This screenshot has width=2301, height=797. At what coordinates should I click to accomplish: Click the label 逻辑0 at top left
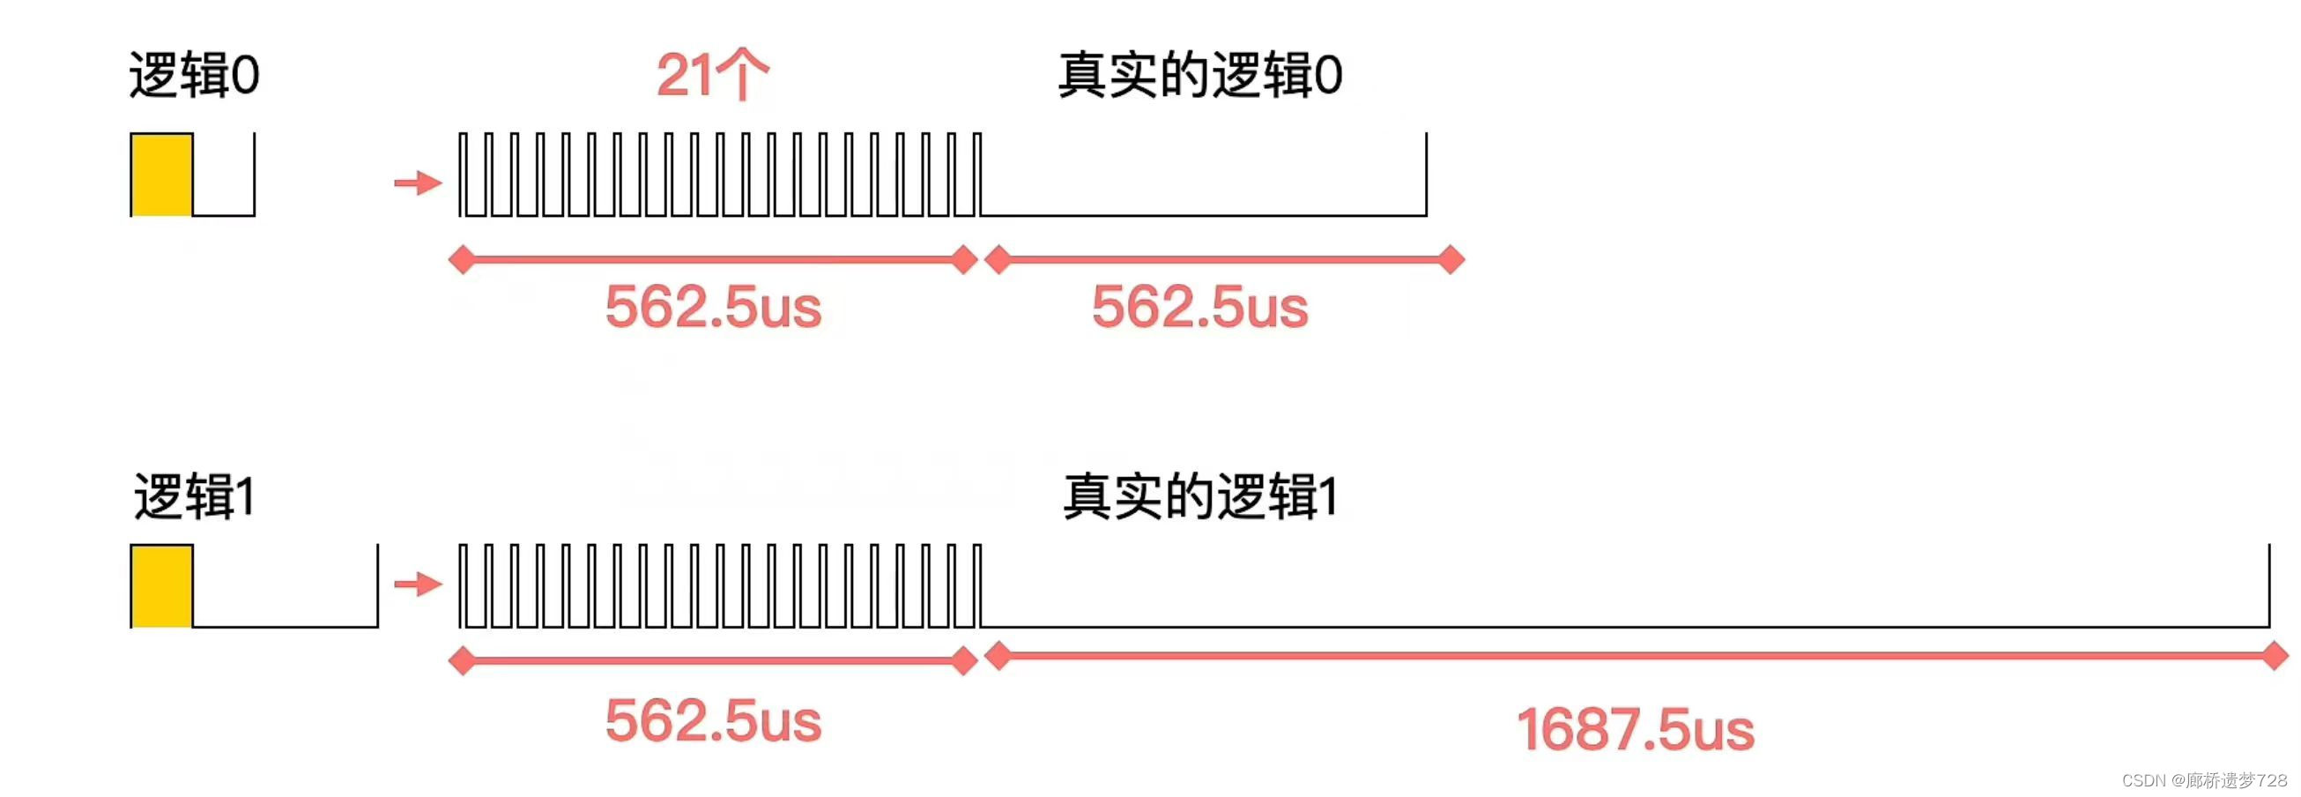click(x=194, y=75)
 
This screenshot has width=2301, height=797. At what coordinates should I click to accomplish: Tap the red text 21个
click(x=712, y=75)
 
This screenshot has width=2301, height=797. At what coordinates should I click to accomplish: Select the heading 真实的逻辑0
click(x=1199, y=75)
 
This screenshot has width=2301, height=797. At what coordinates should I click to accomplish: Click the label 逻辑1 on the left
click(x=194, y=496)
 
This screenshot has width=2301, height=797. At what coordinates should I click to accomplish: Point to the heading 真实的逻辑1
click(x=1199, y=496)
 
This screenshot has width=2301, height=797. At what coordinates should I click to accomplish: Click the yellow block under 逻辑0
click(x=161, y=175)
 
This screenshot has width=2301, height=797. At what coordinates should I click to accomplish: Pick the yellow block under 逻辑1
click(x=161, y=586)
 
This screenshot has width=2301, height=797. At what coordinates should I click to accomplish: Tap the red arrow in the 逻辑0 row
click(x=418, y=183)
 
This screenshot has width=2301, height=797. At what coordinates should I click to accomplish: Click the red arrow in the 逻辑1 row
click(x=418, y=585)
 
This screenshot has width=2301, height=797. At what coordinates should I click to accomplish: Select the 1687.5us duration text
click(x=1635, y=730)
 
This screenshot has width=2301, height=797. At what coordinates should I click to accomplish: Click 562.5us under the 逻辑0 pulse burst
click(x=713, y=308)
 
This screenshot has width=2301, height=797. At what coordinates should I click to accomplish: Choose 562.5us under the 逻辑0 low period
click(x=1199, y=308)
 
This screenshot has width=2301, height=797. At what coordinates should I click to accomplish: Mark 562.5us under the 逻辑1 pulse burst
click(x=713, y=721)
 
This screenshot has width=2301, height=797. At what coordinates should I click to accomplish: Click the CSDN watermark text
click(x=2204, y=780)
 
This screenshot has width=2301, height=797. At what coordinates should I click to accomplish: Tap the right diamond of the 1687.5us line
click(x=2275, y=657)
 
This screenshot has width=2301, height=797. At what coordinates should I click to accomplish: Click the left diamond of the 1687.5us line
click(x=998, y=657)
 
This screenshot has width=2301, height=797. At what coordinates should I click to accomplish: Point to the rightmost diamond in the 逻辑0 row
click(x=1451, y=260)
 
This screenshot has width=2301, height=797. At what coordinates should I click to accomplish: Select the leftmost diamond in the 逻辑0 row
click(x=462, y=260)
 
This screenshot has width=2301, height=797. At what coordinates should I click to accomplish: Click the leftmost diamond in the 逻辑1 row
click(x=462, y=661)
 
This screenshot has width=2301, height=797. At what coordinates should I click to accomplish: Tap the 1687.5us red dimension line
click(x=1635, y=657)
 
